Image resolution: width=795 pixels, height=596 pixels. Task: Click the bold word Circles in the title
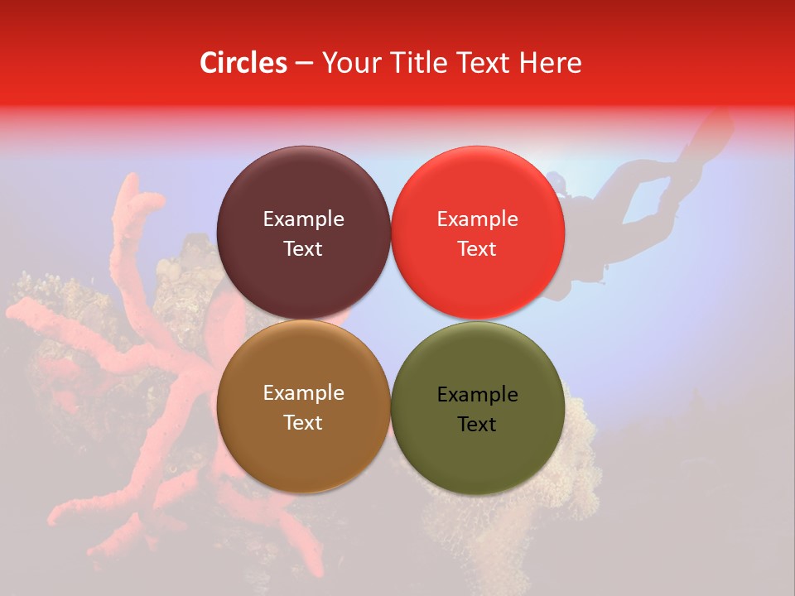(x=243, y=63)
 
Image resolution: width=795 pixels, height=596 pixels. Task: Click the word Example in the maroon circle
(x=303, y=219)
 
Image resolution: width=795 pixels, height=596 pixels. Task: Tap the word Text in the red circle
(x=477, y=248)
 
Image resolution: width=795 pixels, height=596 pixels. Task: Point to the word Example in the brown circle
(x=303, y=393)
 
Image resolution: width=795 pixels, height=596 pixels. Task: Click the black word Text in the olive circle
(x=477, y=424)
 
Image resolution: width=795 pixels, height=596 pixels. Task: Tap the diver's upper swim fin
(x=714, y=128)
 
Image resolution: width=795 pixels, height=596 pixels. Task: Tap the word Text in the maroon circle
(x=303, y=248)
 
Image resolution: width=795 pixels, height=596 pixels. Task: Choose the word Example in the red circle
(x=477, y=219)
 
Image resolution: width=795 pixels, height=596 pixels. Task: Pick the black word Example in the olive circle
(x=477, y=395)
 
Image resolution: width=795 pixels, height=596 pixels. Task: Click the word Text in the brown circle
(x=303, y=422)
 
